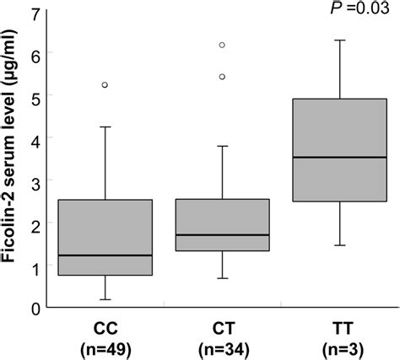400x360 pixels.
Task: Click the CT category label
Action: (x=222, y=325)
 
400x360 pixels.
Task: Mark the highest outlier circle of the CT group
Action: (x=222, y=45)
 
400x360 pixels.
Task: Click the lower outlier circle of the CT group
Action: (x=222, y=77)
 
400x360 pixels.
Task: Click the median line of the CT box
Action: (x=222, y=235)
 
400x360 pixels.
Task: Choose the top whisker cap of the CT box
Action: (x=222, y=146)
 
